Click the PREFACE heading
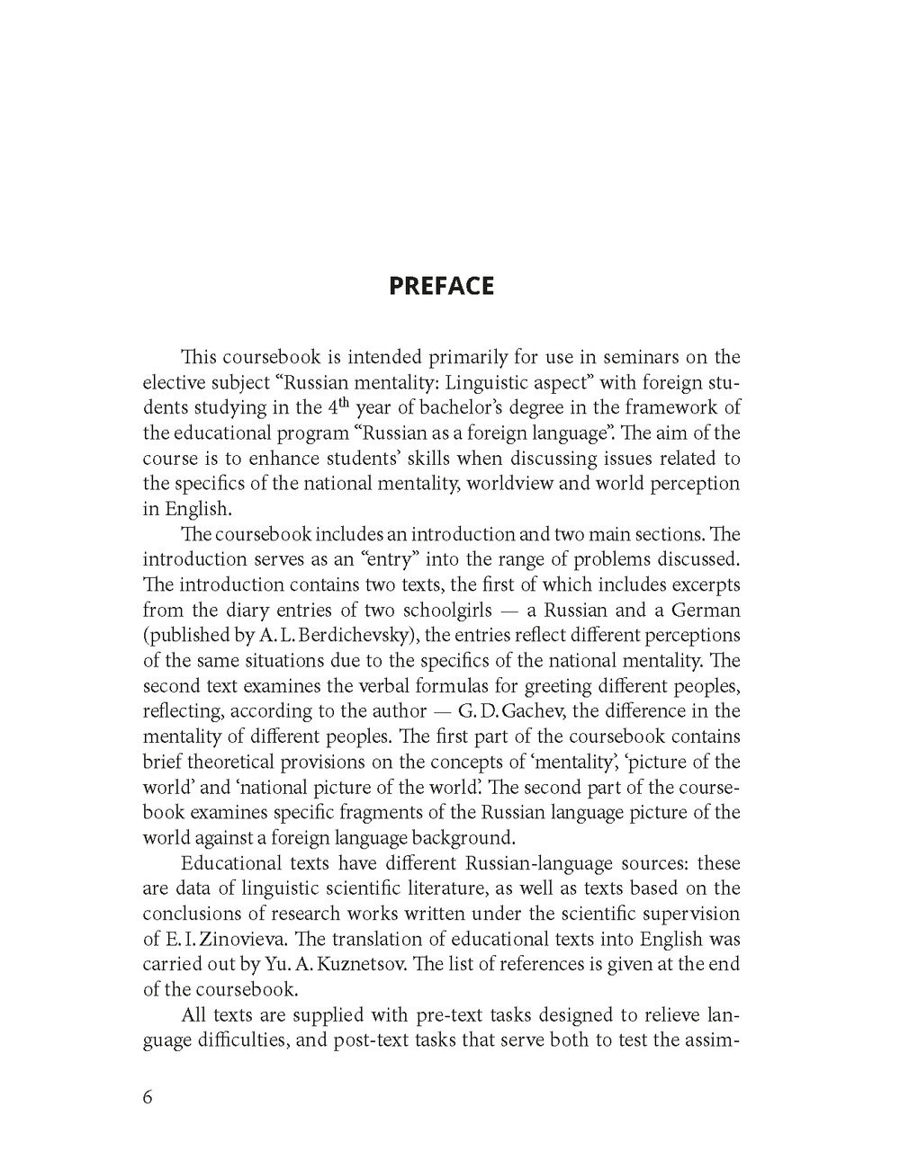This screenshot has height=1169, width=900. (x=441, y=286)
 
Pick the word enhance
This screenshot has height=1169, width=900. (x=277, y=458)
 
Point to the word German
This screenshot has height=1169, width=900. (x=705, y=610)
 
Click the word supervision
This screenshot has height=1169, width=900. (x=691, y=914)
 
